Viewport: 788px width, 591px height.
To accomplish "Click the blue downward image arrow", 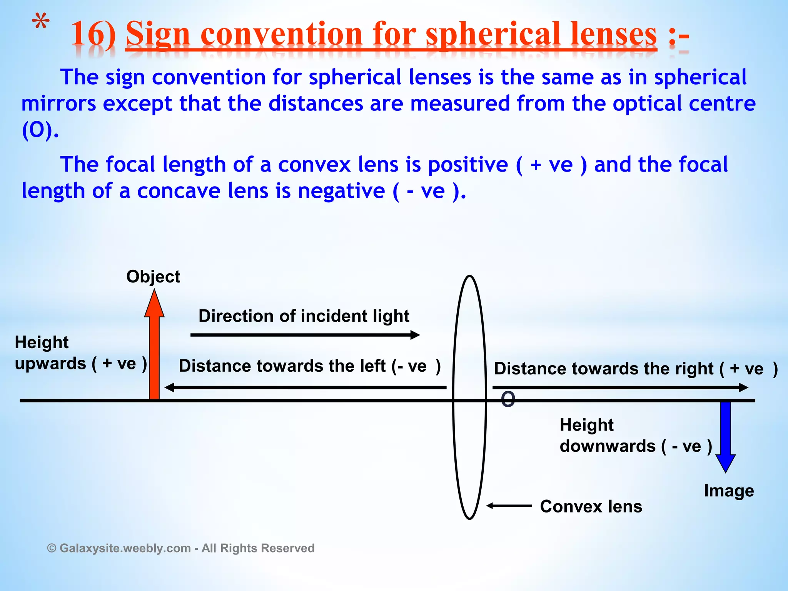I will point(725,435).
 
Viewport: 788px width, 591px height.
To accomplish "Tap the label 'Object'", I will point(153,277).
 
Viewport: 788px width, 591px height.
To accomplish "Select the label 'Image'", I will point(729,491).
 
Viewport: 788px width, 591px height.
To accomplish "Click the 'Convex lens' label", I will point(591,506).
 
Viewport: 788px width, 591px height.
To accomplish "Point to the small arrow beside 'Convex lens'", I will point(509,506).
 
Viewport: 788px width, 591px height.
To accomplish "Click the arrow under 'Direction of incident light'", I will point(305,335).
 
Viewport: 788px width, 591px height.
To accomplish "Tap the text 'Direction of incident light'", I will point(304,316).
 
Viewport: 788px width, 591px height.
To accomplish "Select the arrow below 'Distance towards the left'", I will point(305,387).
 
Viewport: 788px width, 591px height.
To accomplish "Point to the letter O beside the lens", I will point(508,399).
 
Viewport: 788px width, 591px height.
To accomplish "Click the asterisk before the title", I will point(40,23).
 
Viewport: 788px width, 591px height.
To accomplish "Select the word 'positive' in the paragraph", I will point(467,165).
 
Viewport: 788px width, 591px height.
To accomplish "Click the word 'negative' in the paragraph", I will point(341,191).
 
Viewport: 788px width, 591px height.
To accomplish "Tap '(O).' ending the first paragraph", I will point(40,130).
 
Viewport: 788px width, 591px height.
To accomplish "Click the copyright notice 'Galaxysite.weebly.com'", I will point(125,548).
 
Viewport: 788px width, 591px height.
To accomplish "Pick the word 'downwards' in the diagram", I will point(608,446).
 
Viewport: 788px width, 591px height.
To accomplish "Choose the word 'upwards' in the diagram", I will point(50,364).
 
